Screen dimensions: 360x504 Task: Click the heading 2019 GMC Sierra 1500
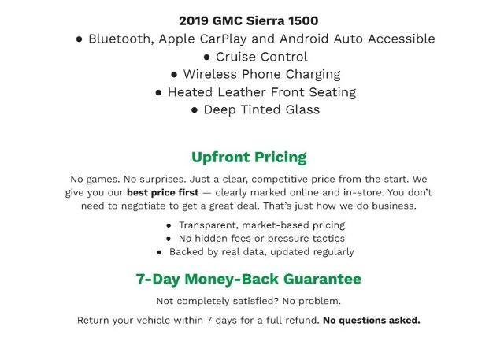(248, 20)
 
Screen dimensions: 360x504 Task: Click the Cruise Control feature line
(255, 57)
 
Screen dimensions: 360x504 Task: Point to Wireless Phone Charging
(261, 74)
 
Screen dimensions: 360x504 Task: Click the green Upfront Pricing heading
(249, 157)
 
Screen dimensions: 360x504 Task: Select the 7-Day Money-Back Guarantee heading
(249, 279)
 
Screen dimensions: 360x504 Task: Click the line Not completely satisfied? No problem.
(249, 301)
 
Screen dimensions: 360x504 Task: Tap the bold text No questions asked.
(372, 321)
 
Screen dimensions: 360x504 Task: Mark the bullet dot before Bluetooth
(80, 39)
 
